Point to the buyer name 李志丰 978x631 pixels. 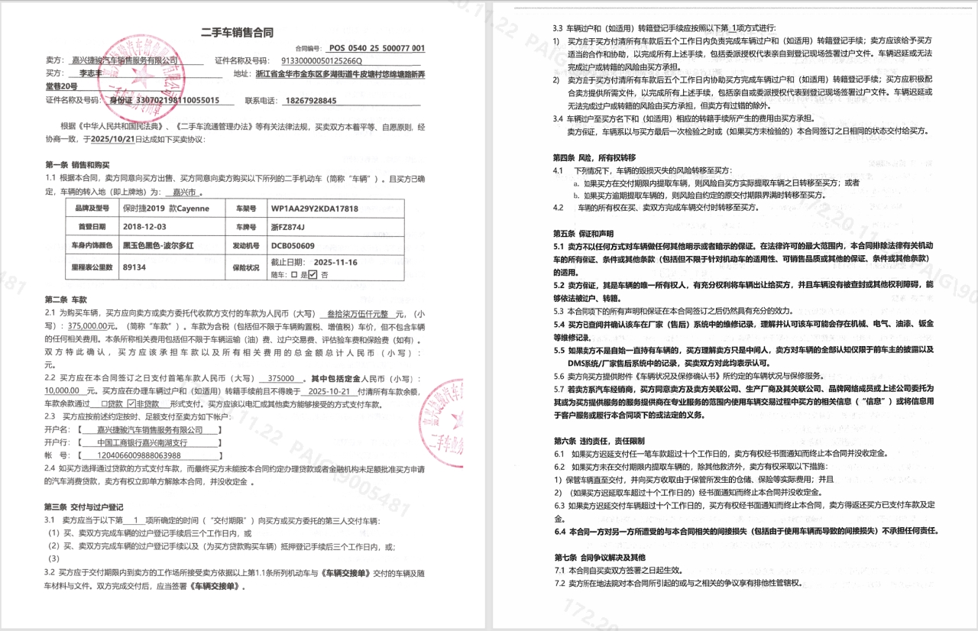coord(89,73)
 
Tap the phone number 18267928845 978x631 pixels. coord(310,100)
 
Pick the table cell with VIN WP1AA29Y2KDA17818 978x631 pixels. coord(314,208)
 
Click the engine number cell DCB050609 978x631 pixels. coord(293,246)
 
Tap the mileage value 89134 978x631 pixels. coord(134,267)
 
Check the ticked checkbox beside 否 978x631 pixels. coord(312,274)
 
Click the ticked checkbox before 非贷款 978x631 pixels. coord(131,403)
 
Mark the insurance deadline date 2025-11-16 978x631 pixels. coord(335,262)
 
